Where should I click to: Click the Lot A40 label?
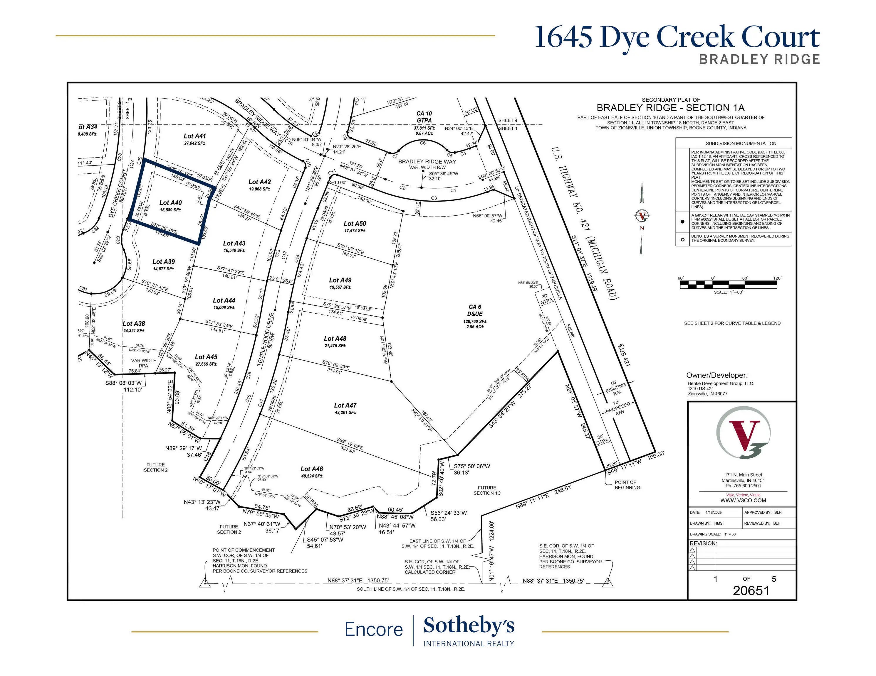(x=170, y=203)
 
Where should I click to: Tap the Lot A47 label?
(x=345, y=405)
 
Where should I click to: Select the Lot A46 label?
(x=312, y=469)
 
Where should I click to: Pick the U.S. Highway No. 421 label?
(x=585, y=224)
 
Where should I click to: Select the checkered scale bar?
(x=729, y=285)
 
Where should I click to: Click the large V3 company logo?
(x=743, y=433)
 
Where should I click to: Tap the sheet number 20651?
(x=751, y=590)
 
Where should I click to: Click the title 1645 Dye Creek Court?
(x=677, y=37)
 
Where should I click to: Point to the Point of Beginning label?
(x=627, y=485)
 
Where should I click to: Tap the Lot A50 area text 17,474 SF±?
(x=355, y=231)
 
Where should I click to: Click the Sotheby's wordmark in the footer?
(x=469, y=626)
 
